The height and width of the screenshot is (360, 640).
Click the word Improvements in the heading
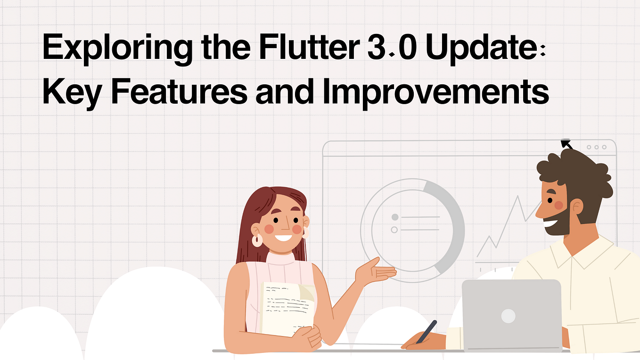click(436, 92)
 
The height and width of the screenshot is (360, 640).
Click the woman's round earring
click(257, 239)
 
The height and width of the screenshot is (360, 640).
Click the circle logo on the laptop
click(508, 316)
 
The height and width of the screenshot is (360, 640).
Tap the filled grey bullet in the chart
click(395, 217)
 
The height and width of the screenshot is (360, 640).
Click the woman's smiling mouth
click(283, 237)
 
